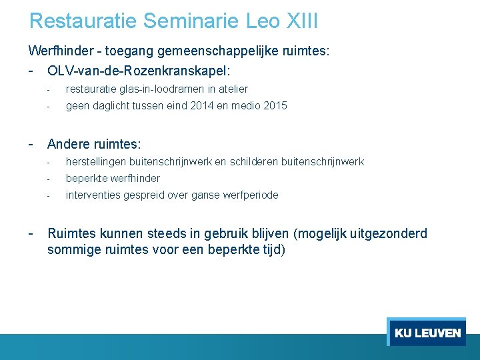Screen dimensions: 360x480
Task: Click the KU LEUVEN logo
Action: point(427,332)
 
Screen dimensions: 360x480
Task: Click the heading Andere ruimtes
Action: point(93,143)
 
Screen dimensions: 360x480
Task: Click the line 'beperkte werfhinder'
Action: point(113,178)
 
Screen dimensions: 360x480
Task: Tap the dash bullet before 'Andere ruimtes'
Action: point(31,143)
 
